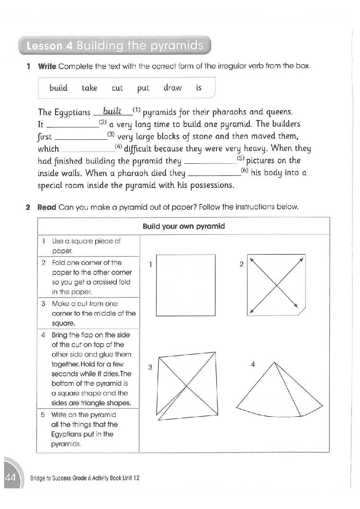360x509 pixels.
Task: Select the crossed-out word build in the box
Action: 58,88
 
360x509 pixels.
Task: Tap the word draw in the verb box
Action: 172,88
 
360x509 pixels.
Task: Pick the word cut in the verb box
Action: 117,88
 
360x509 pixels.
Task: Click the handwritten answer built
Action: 112,111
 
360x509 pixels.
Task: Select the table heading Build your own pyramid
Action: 184,226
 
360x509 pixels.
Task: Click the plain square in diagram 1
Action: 185,285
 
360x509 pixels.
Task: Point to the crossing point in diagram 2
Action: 277,286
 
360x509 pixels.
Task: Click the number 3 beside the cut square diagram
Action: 150,368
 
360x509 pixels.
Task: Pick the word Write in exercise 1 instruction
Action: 47,66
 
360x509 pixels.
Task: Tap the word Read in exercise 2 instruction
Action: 47,208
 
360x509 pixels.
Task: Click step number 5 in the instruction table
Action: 43,415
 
